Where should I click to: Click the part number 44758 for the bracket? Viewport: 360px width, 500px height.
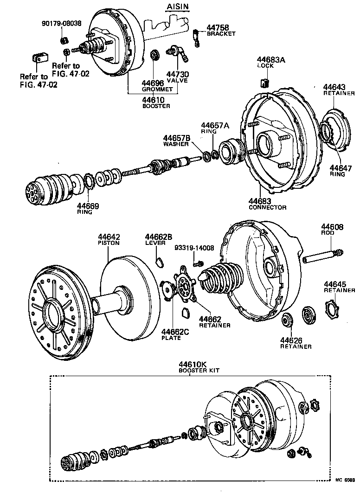[x=216, y=27]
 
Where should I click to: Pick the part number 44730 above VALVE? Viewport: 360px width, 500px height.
[x=177, y=74]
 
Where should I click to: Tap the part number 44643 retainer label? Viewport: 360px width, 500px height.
[x=334, y=87]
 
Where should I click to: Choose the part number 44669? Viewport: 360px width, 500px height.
[x=88, y=206]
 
